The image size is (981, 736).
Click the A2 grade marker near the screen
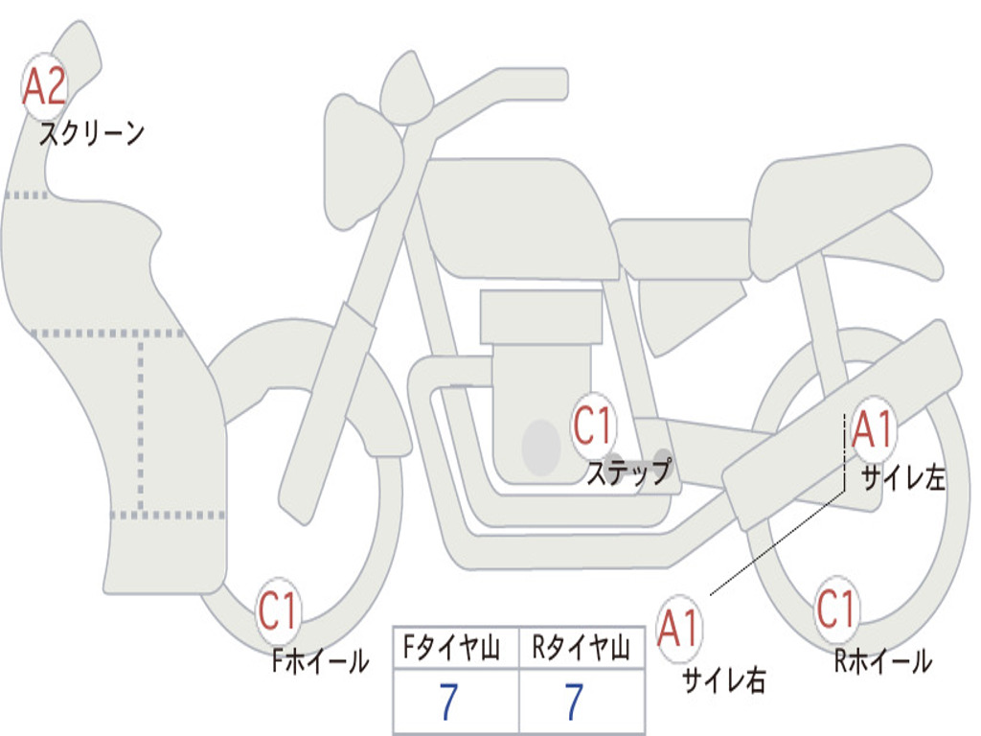pos(44,86)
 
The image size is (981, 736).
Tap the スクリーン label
pos(92,133)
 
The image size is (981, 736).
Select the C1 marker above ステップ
pos(592,425)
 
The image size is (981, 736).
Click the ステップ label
pos(629,471)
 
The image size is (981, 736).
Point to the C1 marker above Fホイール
pos(277,610)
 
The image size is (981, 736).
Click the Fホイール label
pos(320,661)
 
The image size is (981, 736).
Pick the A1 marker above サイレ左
pos(872,430)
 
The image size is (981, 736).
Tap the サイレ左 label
pos(902,478)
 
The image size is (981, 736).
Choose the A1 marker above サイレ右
pos(679,629)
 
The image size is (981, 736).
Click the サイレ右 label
pos(724,679)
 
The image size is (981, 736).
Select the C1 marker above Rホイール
pos(835,609)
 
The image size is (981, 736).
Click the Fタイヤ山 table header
pos(451,647)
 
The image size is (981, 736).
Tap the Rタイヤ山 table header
pos(581,647)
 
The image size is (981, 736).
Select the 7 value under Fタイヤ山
pos(448,701)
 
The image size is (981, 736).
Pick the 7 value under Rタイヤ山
pos(575,701)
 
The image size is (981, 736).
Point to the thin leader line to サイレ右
pos(778,542)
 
